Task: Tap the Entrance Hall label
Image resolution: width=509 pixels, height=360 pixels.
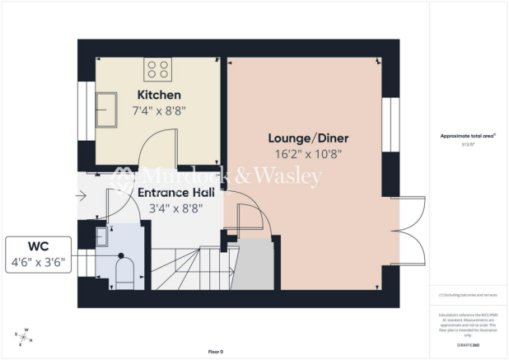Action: pos(177,193)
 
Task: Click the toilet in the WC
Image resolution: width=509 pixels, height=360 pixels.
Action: pos(126,272)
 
